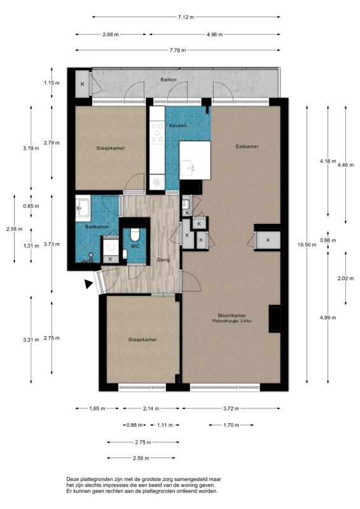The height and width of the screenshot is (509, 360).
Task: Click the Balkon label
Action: [168, 80]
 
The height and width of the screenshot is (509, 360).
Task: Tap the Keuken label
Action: [178, 125]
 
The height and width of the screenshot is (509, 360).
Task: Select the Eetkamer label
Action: [247, 146]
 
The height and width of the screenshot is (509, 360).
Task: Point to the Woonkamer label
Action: [232, 315]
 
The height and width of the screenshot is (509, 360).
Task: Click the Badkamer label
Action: [97, 227]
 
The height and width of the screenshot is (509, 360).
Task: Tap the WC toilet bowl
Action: [134, 235]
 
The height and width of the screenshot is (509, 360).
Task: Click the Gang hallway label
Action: [163, 260]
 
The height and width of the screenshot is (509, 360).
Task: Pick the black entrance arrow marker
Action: [88, 284]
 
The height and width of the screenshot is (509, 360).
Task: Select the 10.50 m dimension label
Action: [307, 245]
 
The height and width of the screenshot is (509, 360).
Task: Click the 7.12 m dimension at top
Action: [186, 17]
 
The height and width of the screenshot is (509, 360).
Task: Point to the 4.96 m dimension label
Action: [214, 34]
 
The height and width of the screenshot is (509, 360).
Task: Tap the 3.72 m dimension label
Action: [231, 408]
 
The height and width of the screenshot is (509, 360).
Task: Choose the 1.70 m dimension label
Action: [231, 425]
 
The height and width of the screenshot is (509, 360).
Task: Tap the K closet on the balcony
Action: [83, 84]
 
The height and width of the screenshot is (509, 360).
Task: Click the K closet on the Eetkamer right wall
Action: [268, 241]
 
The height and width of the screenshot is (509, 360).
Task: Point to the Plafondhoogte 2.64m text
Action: [232, 321]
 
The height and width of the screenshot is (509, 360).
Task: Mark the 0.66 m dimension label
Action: [328, 241]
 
